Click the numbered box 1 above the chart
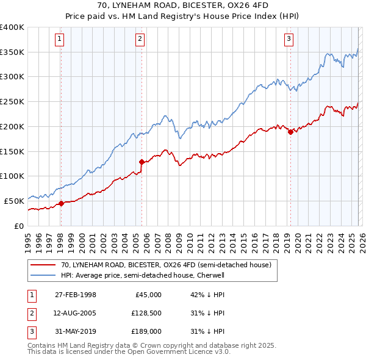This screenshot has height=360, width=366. [60, 39]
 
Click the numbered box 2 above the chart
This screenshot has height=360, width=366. [140, 39]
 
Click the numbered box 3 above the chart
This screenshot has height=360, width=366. [288, 39]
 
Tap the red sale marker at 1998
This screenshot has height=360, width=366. [62, 203]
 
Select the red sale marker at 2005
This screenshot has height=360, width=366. [142, 162]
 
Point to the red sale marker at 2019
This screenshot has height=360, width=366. [290, 132]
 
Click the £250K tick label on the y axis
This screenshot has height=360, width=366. [12, 101]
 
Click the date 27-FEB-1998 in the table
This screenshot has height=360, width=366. [75, 294]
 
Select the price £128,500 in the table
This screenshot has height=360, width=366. [145, 313]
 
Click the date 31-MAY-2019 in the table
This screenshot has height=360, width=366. [75, 331]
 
